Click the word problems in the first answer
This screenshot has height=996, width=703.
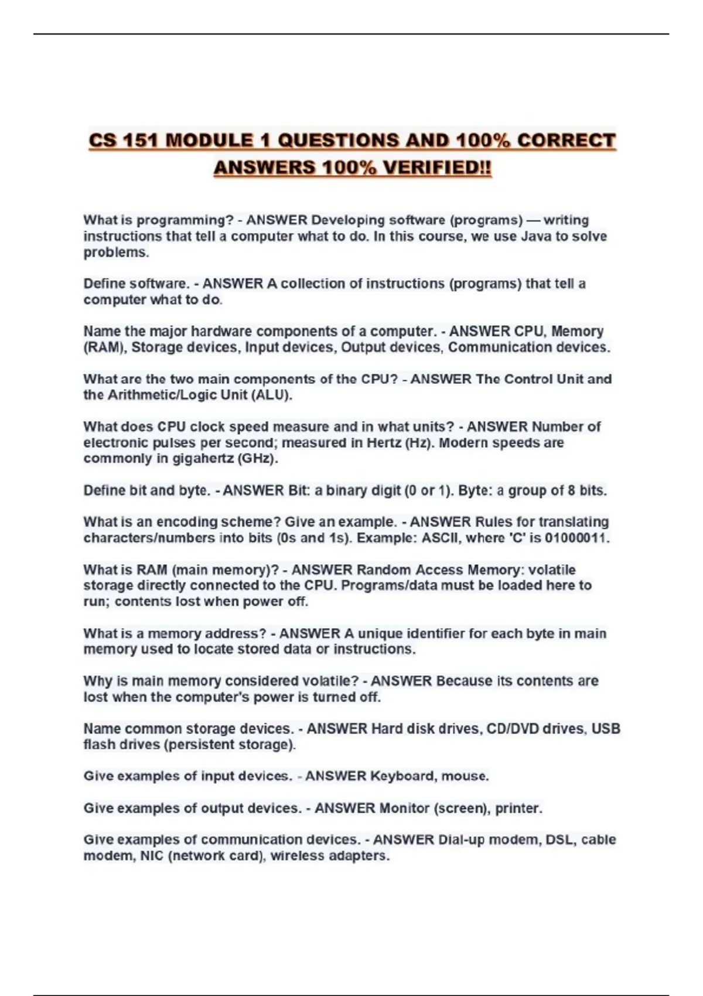(x=115, y=253)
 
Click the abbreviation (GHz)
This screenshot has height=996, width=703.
(x=257, y=458)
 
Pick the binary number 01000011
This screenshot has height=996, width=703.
(x=576, y=538)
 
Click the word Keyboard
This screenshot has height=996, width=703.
(x=403, y=776)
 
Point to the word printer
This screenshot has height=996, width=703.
(x=518, y=808)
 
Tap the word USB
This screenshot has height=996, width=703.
(x=606, y=729)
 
